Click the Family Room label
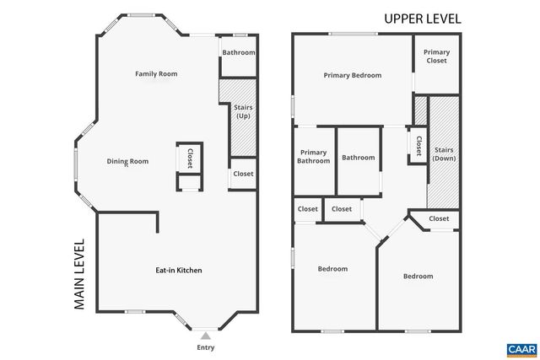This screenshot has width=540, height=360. (x=156, y=73)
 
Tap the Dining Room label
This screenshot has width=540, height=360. (x=127, y=161)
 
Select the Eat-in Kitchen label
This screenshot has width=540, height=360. (x=178, y=270)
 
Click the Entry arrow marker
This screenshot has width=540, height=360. (x=205, y=336)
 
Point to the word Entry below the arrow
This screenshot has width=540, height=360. (x=205, y=347)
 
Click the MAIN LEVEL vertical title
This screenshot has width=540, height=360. (x=80, y=275)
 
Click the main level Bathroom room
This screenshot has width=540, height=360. (x=239, y=52)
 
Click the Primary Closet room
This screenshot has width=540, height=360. (x=436, y=56)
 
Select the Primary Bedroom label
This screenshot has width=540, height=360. (x=353, y=75)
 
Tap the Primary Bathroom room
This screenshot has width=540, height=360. (x=313, y=156)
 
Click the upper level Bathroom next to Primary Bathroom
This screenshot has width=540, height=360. (x=358, y=158)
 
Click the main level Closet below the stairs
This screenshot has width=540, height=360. (x=243, y=174)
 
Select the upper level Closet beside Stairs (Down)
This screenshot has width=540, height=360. (x=418, y=145)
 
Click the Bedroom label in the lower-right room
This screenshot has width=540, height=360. (x=418, y=277)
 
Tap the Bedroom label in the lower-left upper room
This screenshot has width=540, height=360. (x=332, y=269)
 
